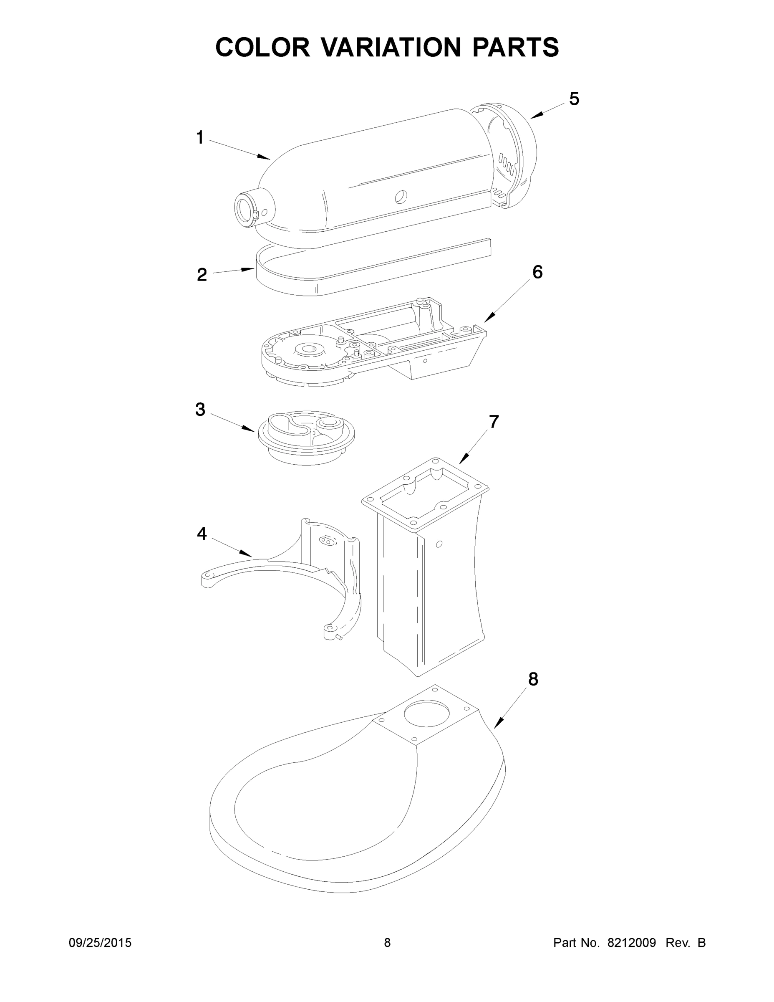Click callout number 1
point(200,138)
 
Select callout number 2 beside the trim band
point(202,275)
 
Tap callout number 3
point(200,409)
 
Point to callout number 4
point(202,534)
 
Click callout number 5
point(574,99)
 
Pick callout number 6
point(537,272)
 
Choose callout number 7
point(493,422)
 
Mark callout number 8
point(533,679)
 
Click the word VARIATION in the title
point(391,47)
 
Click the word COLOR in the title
point(263,47)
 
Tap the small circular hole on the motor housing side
point(401,196)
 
